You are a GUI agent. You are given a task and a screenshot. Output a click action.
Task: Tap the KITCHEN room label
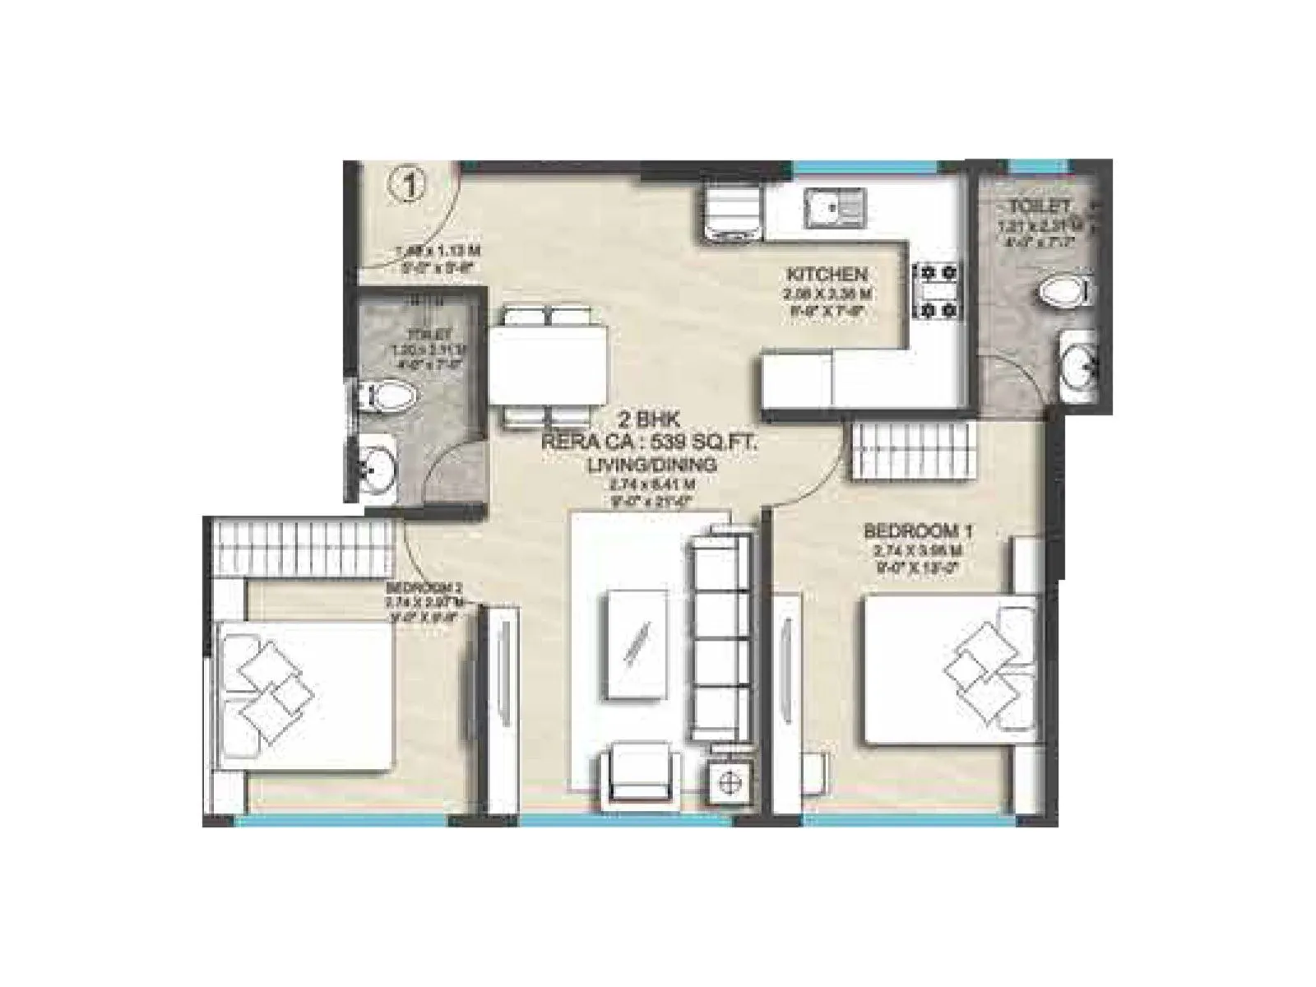[x=827, y=274]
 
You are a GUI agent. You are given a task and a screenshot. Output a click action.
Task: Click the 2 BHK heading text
[x=650, y=425]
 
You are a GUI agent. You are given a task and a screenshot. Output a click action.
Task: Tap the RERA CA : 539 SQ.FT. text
[x=650, y=445]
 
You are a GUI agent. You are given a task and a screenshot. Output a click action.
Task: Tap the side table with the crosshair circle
[x=730, y=782]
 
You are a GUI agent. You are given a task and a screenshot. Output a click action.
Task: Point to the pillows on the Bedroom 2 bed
[x=271, y=681]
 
